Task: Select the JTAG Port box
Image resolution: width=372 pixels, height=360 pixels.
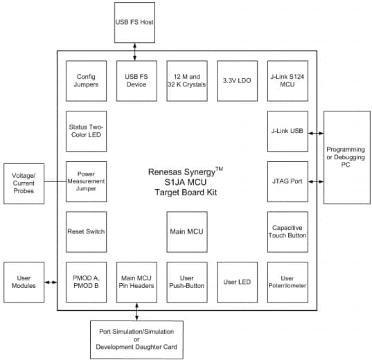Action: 287,181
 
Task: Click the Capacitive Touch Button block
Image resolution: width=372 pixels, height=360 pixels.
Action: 287,232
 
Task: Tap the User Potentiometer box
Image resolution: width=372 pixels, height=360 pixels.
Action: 287,282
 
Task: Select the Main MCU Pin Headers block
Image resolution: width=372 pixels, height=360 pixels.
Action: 136,282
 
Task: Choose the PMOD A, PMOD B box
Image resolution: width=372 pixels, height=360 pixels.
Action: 86,282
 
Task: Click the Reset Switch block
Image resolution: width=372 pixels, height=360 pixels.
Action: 86,232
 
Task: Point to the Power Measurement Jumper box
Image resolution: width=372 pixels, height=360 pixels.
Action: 86,181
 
